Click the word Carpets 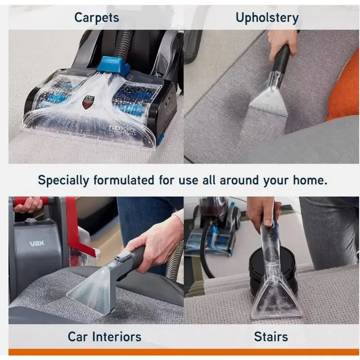pyautogui.click(x=97, y=18)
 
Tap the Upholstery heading pyautogui.click(x=267, y=18)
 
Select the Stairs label pyautogui.click(x=271, y=337)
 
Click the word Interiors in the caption pyautogui.click(x=117, y=337)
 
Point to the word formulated pyautogui.click(x=124, y=180)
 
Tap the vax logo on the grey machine pyautogui.click(x=37, y=243)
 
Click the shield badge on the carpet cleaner pyautogui.click(x=87, y=102)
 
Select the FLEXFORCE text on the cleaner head pyautogui.click(x=122, y=129)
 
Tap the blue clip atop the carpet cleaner pyautogui.click(x=113, y=64)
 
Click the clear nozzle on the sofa pyautogui.click(x=269, y=99)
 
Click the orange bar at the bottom pyautogui.click(x=184, y=352)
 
